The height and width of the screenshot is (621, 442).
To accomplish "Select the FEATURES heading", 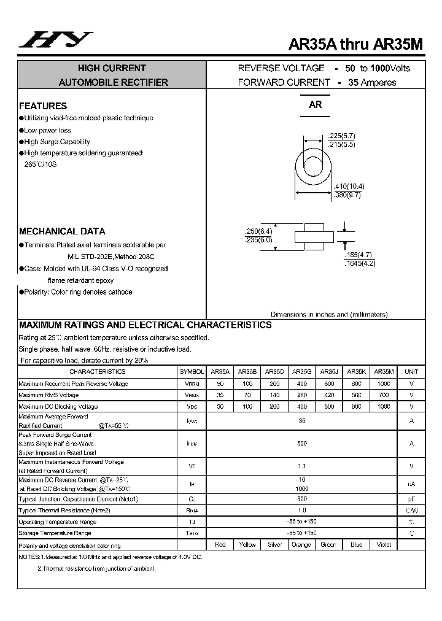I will pyautogui.click(x=43, y=106).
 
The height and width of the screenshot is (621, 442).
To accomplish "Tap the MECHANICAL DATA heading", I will pyautogui.click(x=62, y=231).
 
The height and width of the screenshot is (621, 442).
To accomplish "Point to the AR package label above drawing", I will pyautogui.click(x=316, y=105).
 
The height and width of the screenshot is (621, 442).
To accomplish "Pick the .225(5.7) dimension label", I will pyautogui.click(x=341, y=136).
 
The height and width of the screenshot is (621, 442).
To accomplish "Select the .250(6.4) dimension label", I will pyautogui.click(x=258, y=231).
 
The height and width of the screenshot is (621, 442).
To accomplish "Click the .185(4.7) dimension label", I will pyautogui.click(x=359, y=255).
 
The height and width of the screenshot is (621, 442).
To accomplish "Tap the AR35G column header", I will pyautogui.click(x=301, y=371).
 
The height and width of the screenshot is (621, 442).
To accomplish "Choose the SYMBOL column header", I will pyautogui.click(x=192, y=371).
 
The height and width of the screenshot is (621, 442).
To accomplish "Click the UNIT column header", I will pyautogui.click(x=411, y=371).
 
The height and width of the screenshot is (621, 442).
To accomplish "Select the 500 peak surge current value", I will pyautogui.click(x=301, y=443).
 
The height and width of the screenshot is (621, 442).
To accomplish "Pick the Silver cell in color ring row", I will pyautogui.click(x=274, y=544).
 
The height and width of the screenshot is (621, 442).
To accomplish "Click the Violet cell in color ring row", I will pyautogui.click(x=384, y=544).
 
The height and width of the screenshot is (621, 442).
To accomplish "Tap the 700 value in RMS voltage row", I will pyautogui.click(x=384, y=395).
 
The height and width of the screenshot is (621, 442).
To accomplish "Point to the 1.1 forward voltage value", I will pyautogui.click(x=301, y=466).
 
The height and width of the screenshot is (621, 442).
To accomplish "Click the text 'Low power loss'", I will pyautogui.click(x=47, y=130).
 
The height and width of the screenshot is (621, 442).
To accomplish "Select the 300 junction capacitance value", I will pyautogui.click(x=301, y=499).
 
